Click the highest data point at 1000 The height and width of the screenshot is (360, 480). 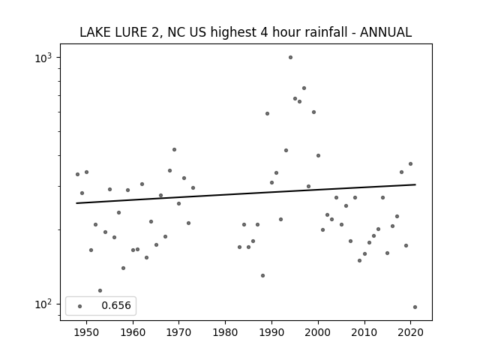(x=290, y=58)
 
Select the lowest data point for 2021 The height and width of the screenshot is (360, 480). (x=415, y=307)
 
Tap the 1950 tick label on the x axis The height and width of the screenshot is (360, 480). (x=87, y=332)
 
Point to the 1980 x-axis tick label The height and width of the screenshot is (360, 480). (x=225, y=332)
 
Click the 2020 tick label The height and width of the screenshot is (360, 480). (x=410, y=332)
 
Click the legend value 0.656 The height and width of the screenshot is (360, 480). (x=116, y=305)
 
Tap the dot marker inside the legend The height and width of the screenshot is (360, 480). (x=80, y=306)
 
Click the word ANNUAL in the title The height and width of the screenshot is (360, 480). (x=385, y=32)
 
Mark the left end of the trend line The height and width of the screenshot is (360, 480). (x=76, y=203)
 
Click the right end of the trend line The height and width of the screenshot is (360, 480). (x=415, y=184)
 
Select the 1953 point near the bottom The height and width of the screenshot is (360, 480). (x=100, y=290)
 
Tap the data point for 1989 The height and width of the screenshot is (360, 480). (x=267, y=113)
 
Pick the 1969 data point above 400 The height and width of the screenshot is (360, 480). (x=174, y=150)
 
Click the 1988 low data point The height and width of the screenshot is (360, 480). (x=262, y=275)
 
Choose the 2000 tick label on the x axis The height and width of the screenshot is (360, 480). (x=318, y=332)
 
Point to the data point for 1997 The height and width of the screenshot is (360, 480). (x=304, y=88)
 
